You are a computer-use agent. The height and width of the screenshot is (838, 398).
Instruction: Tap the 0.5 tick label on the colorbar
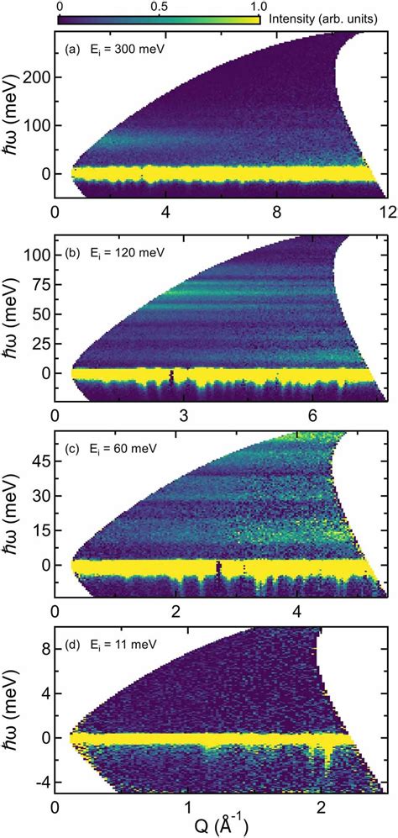coord(158,5)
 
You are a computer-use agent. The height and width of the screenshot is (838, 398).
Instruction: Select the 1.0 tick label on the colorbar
coord(256,5)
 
